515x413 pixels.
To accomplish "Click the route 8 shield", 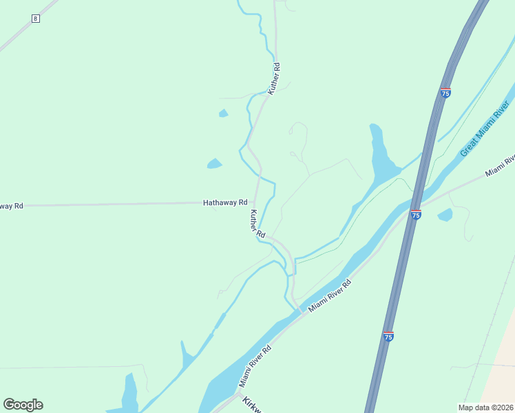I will tap(36, 19).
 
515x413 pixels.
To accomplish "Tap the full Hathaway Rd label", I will tap(224, 203).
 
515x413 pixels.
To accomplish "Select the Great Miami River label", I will tap(484, 129).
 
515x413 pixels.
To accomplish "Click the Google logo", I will tap(23, 405).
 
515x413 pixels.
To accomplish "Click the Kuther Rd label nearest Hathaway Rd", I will tap(257, 224).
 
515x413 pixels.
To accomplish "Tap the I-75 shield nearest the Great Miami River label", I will tap(445, 93).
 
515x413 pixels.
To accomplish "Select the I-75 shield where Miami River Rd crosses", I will tap(415, 215).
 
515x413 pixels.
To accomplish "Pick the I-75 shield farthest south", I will tap(388, 336).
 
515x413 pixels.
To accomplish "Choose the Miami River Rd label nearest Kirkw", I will tap(255, 366).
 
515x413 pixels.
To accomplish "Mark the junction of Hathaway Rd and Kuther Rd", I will tap(256, 202).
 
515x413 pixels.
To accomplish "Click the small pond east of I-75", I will tap(445, 215).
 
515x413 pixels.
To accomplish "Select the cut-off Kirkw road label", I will tap(252, 405).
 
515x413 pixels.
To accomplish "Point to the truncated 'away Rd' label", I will tap(12, 206).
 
